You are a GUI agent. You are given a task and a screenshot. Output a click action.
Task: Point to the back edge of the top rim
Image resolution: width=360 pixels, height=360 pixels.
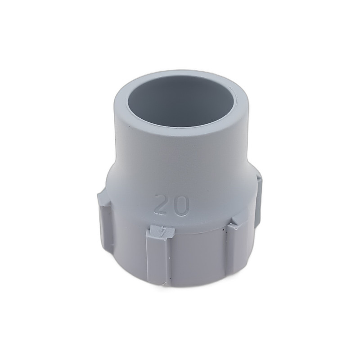[180, 73]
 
